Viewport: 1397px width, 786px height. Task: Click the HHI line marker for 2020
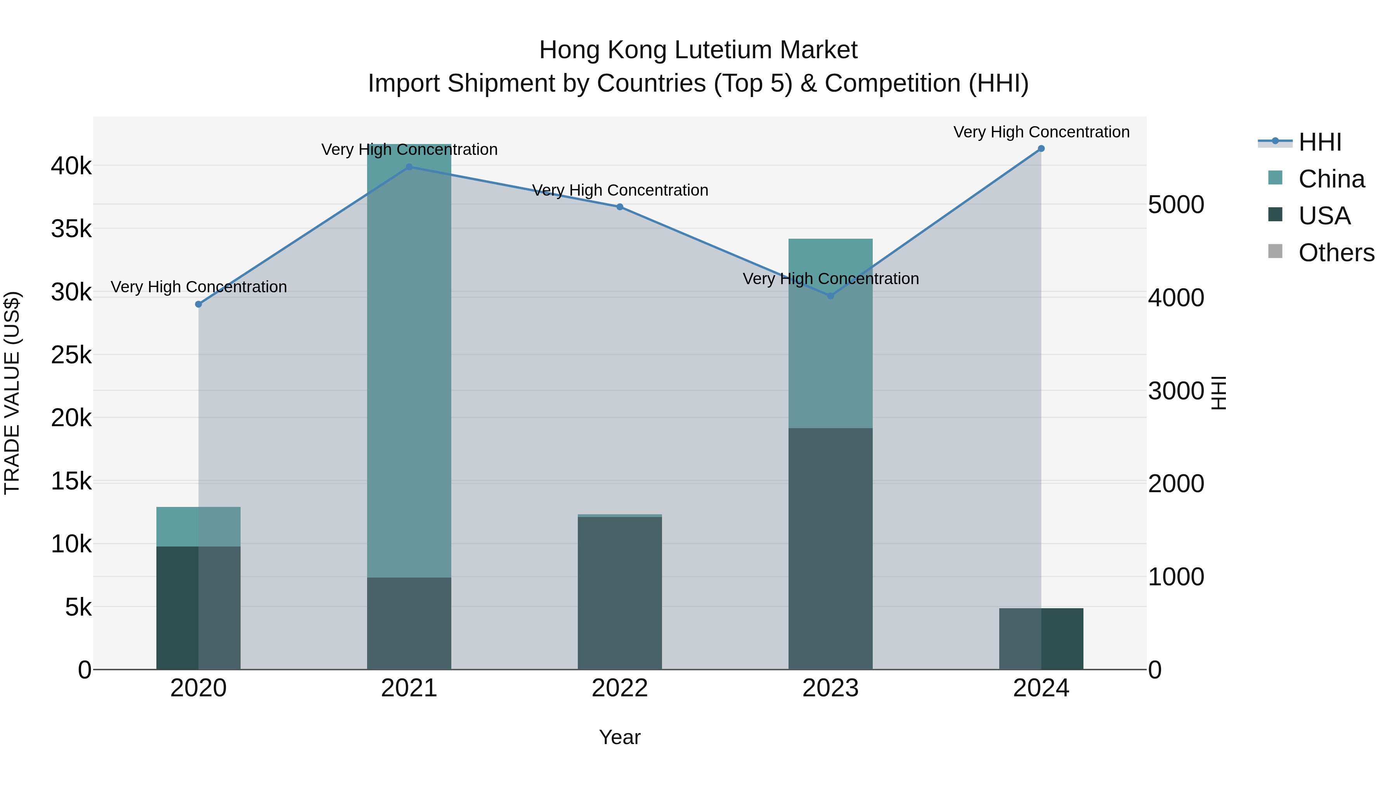click(198, 304)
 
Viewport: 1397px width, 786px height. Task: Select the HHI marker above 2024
click(1041, 149)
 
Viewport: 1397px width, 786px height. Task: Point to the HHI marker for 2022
click(620, 206)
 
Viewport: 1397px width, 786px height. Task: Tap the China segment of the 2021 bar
click(409, 361)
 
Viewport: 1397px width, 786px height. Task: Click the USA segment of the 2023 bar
click(830, 548)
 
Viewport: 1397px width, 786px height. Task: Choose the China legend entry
click(1331, 179)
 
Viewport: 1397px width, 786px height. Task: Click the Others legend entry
click(1336, 253)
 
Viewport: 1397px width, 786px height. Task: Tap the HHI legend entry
click(1319, 142)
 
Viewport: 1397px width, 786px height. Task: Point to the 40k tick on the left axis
click(71, 166)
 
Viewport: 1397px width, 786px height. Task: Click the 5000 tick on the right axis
click(1176, 205)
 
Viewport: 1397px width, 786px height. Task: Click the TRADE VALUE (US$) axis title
click(12, 393)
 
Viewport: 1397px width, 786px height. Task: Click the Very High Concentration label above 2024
click(1041, 132)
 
